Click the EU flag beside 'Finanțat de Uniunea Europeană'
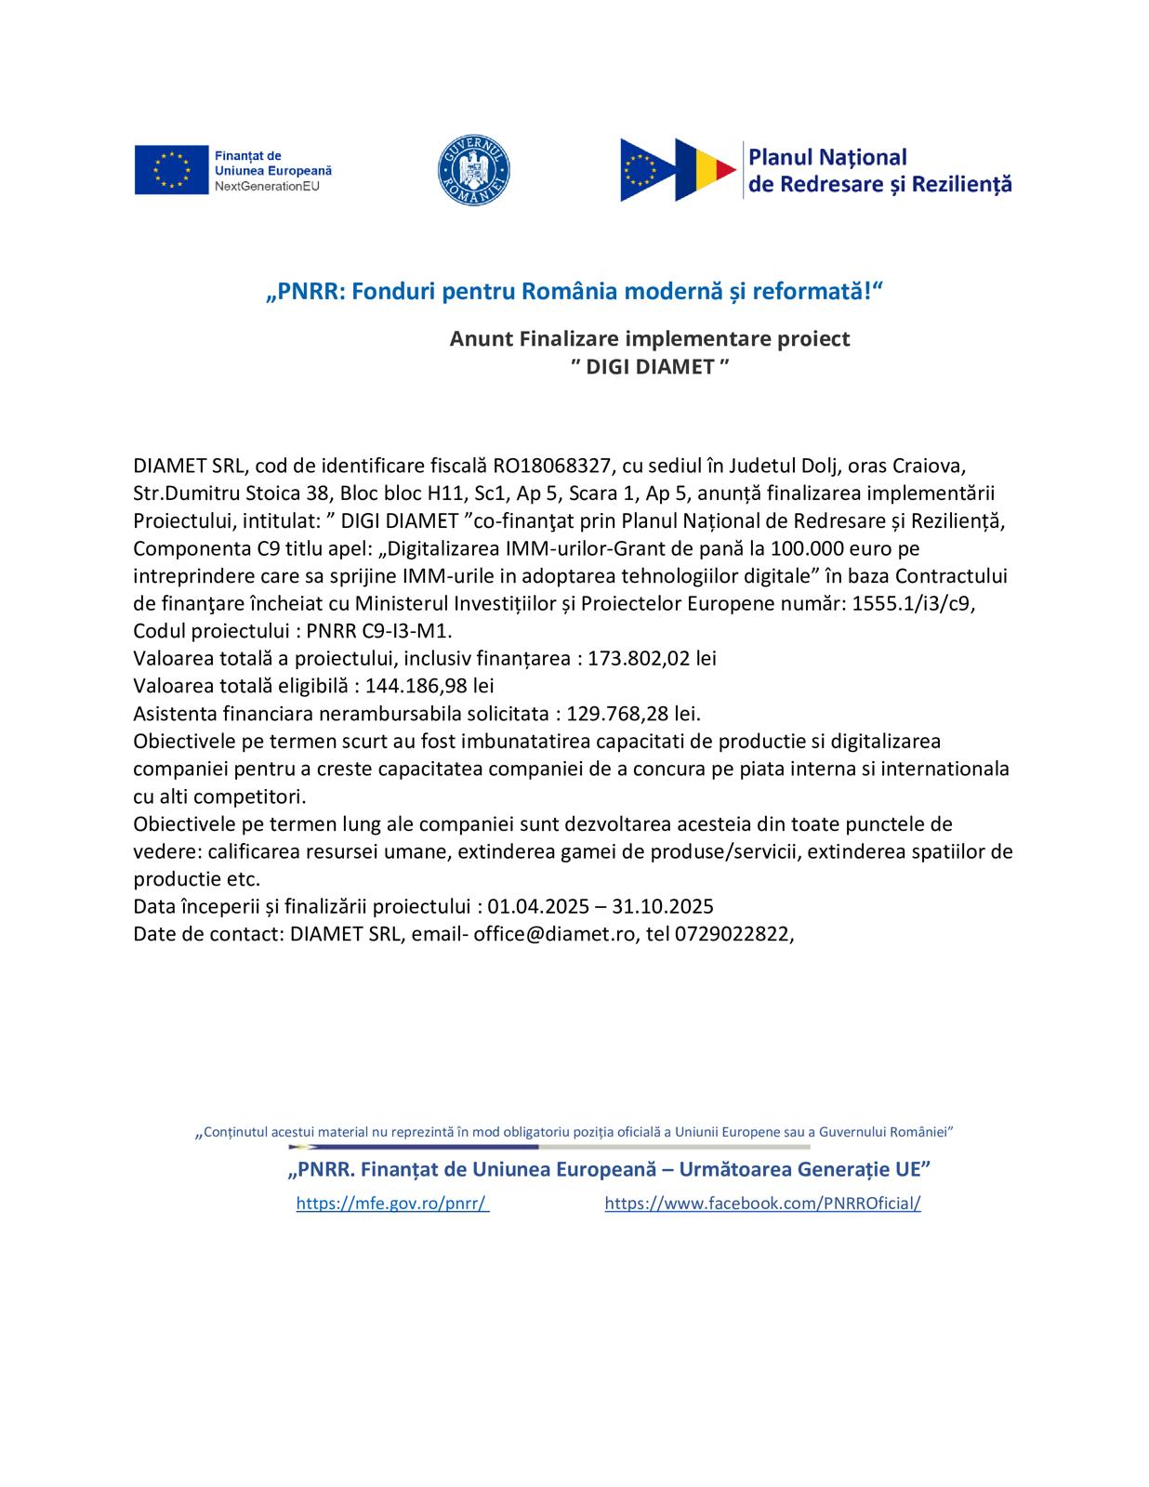171,170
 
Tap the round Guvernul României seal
473,171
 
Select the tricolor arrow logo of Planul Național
679,170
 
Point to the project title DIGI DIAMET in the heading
649,366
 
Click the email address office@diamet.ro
555,934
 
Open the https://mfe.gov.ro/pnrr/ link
391,1204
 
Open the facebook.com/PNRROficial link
762,1204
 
